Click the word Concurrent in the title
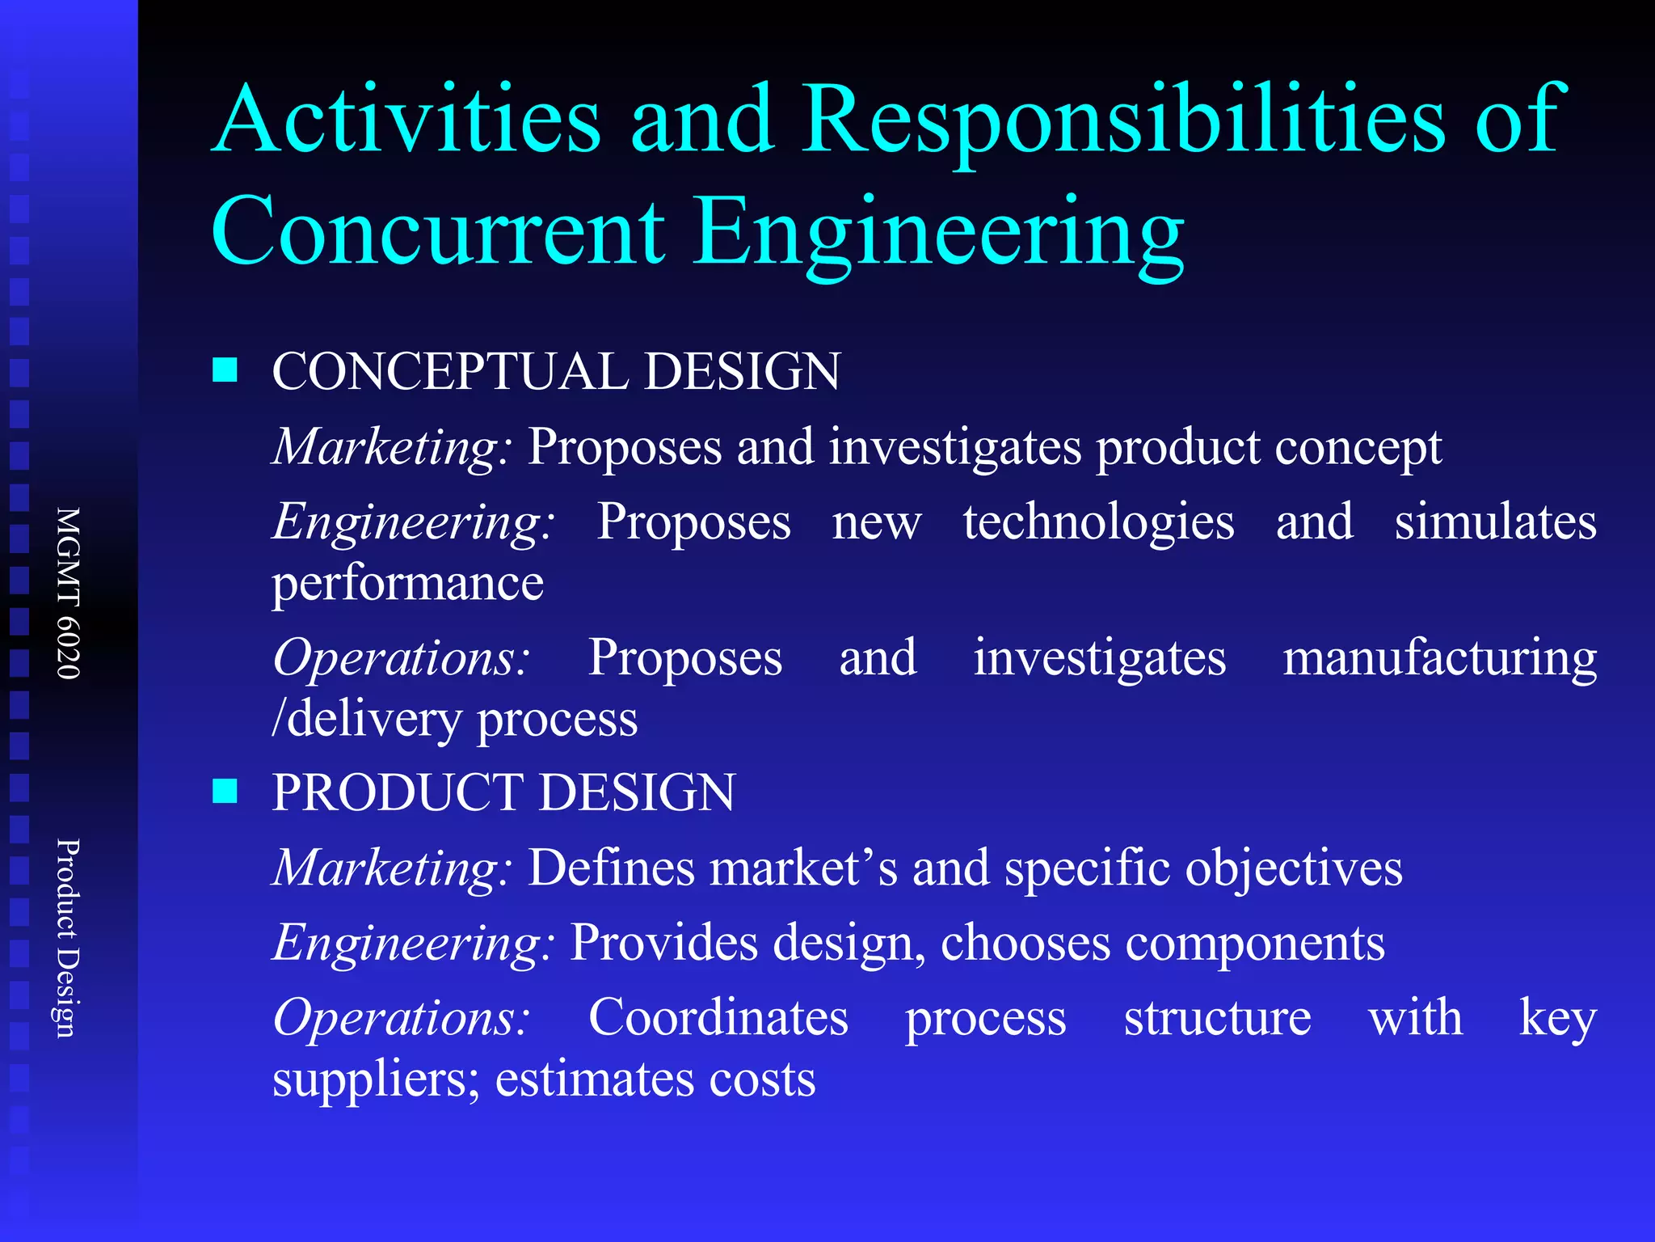tap(437, 232)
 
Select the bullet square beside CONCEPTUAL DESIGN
tap(225, 370)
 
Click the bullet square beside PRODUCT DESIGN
tap(225, 791)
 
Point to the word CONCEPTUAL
tap(449, 372)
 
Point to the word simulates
tap(1495, 522)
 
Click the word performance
tap(408, 585)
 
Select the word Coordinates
tap(718, 1017)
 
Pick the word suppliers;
tap(376, 1080)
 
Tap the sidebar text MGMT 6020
tap(69, 593)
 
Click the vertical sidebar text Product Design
tap(69, 938)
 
